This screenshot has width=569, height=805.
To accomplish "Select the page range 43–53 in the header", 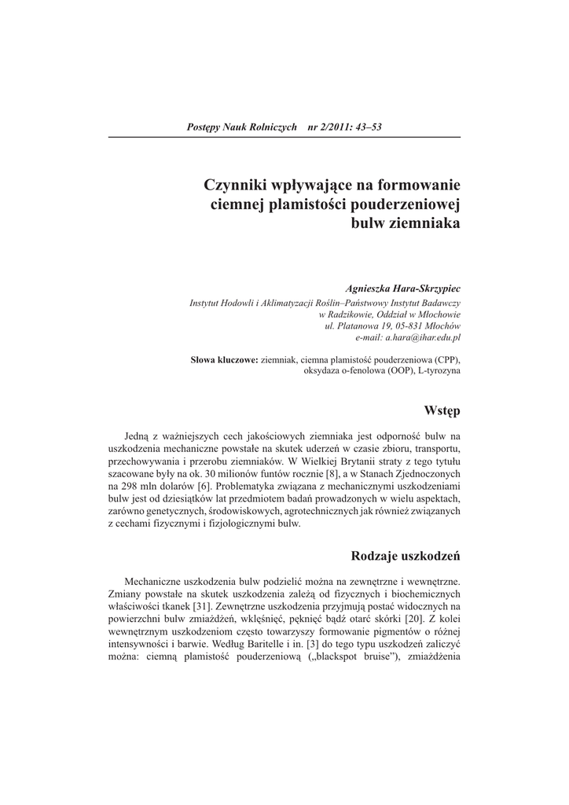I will pos(366,127).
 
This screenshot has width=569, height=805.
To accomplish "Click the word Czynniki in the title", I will pos(237,186).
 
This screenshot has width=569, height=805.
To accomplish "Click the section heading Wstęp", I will pos(442,411).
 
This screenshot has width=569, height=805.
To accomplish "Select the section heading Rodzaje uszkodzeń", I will pos(406,557).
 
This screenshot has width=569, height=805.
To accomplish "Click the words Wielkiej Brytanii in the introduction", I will pos(340,463).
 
